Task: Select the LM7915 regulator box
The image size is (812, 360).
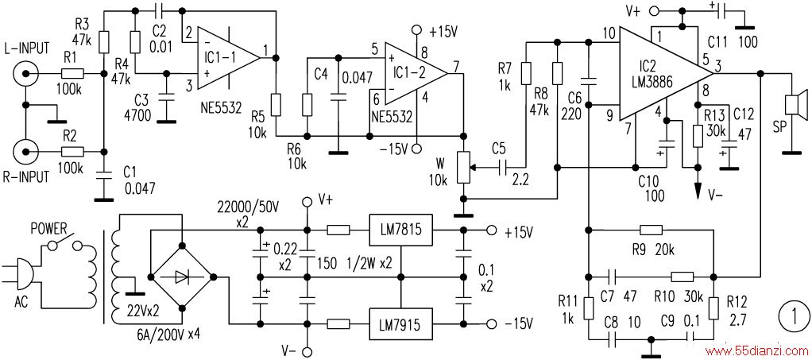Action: point(400,324)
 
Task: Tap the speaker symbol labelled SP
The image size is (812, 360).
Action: point(795,103)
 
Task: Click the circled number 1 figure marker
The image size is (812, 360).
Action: point(795,315)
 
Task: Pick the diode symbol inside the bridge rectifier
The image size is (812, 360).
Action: point(182,277)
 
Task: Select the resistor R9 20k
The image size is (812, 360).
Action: point(651,230)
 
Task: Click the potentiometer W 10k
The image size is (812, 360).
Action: point(464,168)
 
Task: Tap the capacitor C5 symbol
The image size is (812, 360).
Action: point(502,168)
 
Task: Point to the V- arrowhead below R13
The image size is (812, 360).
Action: point(697,192)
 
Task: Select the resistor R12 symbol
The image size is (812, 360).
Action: point(713,308)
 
